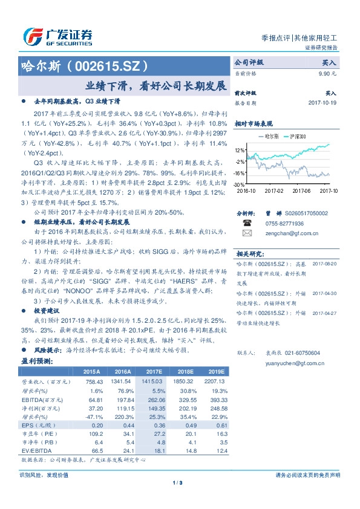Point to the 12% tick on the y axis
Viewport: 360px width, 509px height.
coord(240,150)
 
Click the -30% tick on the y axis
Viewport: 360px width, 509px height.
coord(238,184)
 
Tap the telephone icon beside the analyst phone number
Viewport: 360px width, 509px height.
coord(246,222)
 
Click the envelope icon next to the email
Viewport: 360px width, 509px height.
coord(246,233)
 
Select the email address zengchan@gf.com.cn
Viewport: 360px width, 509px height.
coord(287,233)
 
